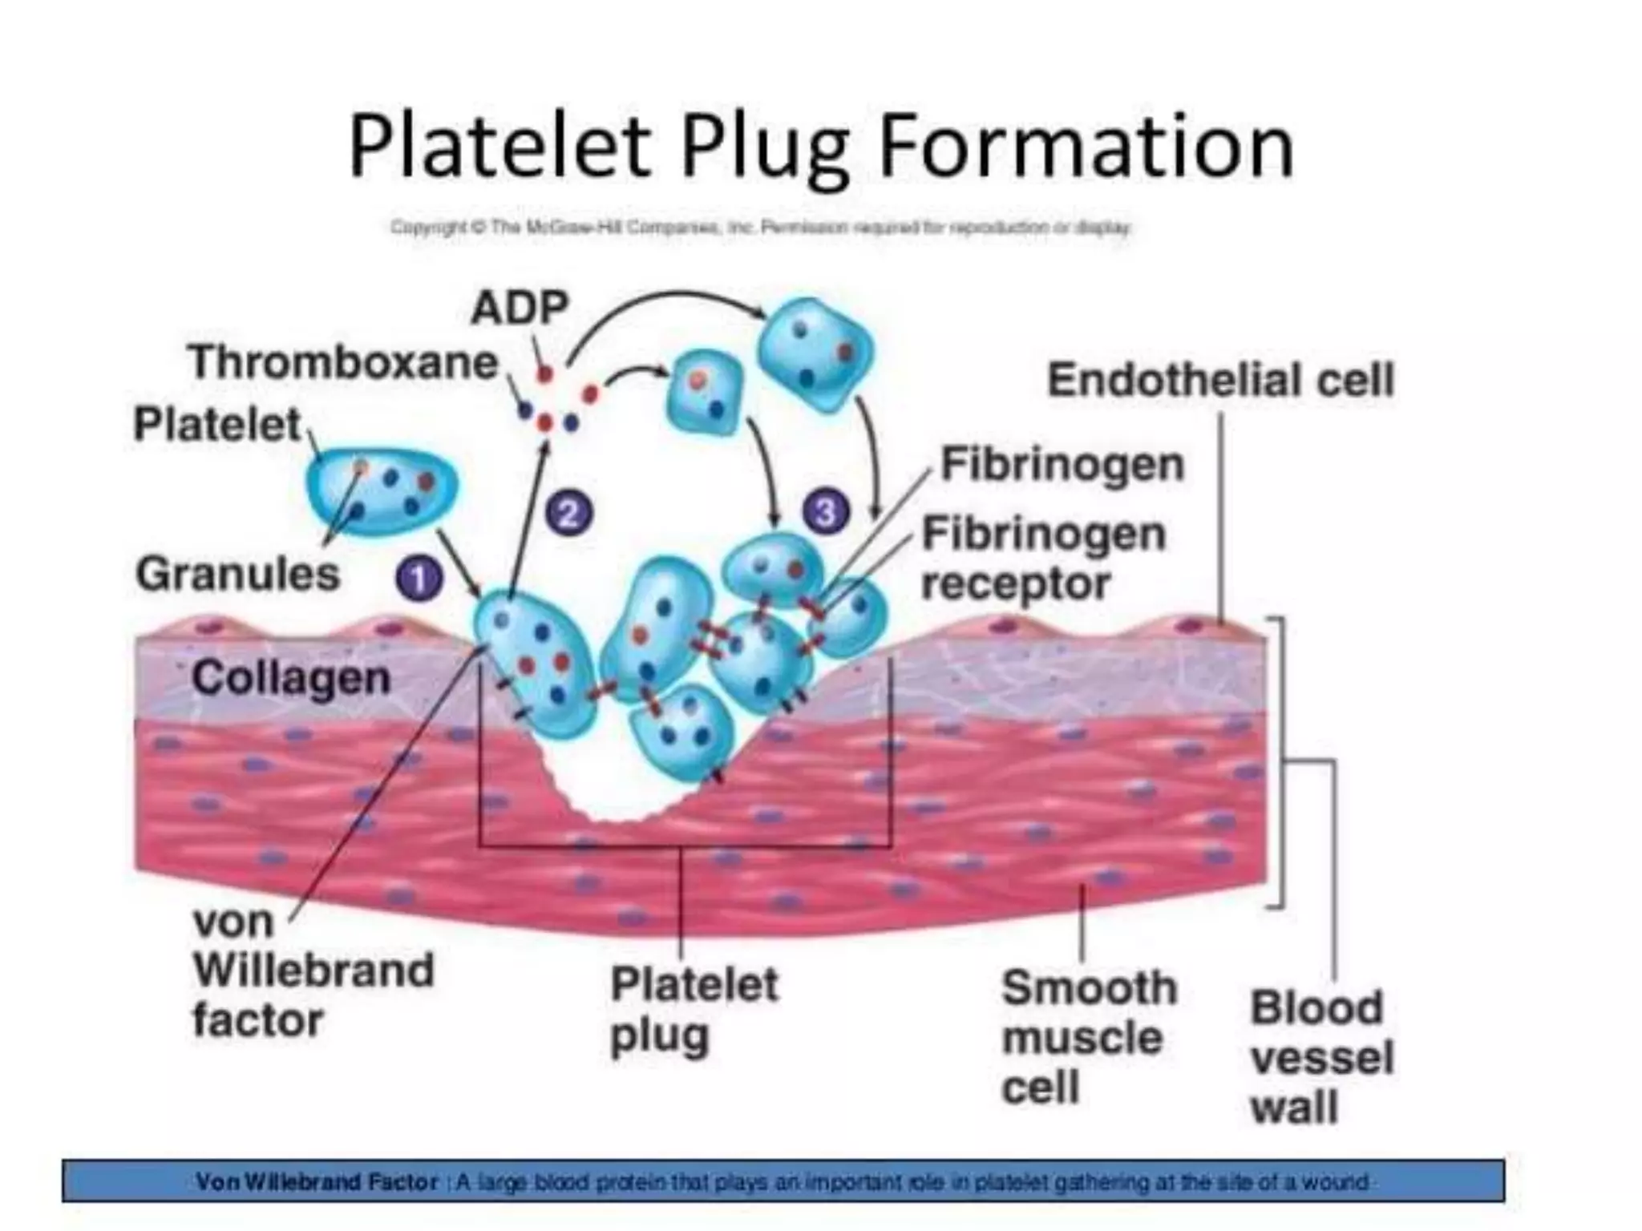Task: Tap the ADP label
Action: [x=520, y=307]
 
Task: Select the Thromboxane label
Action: [x=343, y=362]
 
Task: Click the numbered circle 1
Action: [x=419, y=579]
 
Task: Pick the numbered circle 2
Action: [x=569, y=513]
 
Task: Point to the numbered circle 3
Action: [x=826, y=511]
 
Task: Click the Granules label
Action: [x=238, y=575]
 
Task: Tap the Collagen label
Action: [x=291, y=678]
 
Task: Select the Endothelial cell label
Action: [x=1220, y=380]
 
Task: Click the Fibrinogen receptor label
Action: [x=1042, y=559]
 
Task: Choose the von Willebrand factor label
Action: [x=313, y=971]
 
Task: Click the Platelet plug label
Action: [x=694, y=1009]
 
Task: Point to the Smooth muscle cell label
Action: [x=1088, y=1037]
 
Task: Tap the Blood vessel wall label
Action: [x=1321, y=1057]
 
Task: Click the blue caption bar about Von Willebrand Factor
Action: [x=783, y=1181]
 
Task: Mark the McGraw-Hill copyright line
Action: [x=760, y=228]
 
